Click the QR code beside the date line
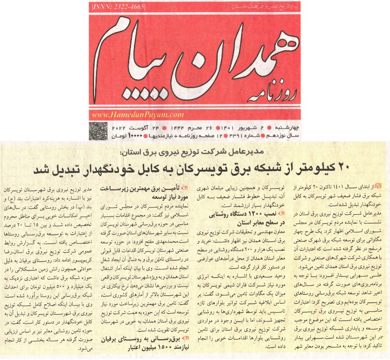[x=96, y=130]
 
